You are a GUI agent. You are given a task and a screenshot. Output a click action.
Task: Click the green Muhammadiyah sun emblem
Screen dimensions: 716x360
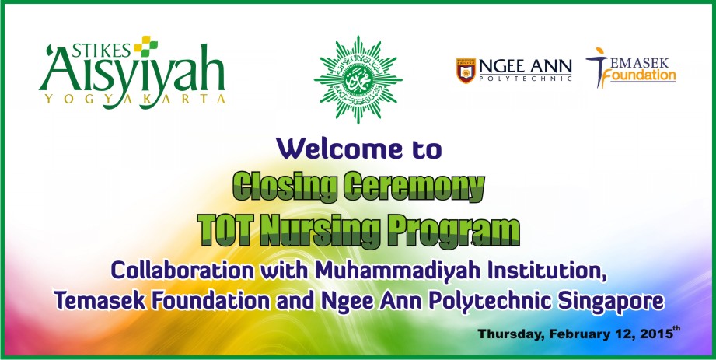point(358,79)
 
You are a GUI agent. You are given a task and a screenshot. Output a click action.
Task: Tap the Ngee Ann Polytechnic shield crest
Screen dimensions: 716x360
point(466,70)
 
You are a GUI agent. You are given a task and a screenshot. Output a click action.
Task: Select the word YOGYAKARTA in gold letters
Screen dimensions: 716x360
point(134,100)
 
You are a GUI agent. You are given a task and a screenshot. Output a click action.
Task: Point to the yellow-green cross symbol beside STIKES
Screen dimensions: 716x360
point(145,46)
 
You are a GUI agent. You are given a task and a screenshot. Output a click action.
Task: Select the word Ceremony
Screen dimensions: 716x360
point(414,187)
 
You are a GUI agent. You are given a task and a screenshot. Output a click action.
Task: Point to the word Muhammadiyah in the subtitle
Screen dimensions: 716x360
point(398,271)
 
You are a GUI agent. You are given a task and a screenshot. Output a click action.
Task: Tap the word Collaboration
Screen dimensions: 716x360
point(182,270)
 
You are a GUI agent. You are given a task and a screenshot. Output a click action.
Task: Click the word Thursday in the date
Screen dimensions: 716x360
point(511,334)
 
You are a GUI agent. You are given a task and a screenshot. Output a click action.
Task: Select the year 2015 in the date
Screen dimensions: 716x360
point(656,334)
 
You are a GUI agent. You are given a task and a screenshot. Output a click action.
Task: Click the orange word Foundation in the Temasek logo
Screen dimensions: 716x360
point(642,75)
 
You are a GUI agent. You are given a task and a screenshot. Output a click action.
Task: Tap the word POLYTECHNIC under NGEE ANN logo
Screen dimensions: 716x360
point(525,79)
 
